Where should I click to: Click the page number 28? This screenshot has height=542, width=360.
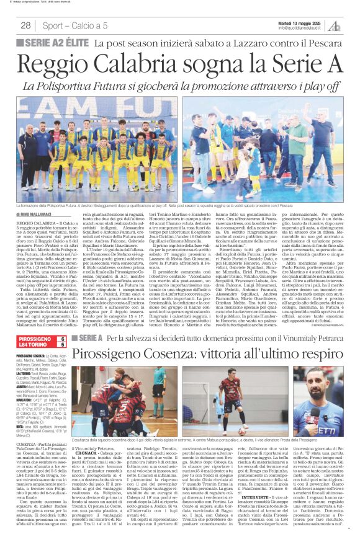tap(25, 25)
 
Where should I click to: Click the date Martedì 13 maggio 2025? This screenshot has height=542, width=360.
tap(298, 21)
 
